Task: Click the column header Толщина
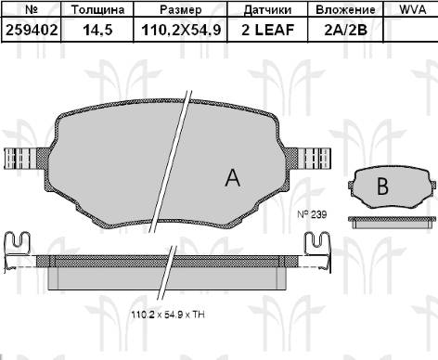[x=97, y=9]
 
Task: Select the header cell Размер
[x=181, y=10]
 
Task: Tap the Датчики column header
[x=267, y=10]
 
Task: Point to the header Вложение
[x=345, y=9]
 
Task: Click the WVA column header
[x=413, y=9]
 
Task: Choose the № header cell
[x=32, y=9]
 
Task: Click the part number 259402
[x=32, y=30]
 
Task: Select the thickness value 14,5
[x=97, y=31]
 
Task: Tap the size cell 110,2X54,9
[x=181, y=31]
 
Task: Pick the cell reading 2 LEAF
[x=267, y=30]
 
